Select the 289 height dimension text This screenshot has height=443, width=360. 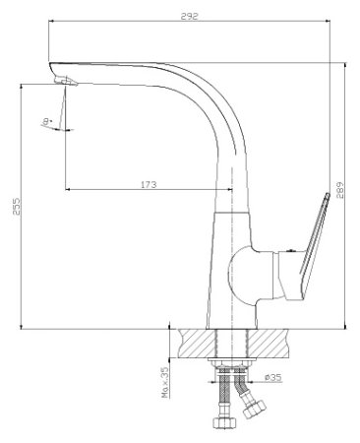(339, 191)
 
